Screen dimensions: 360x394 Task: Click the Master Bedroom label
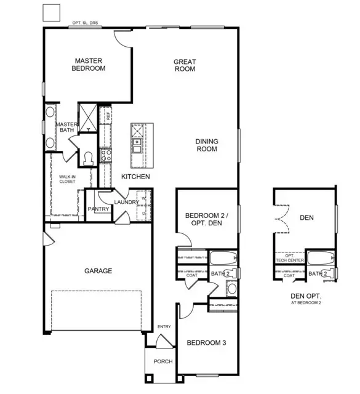point(89,65)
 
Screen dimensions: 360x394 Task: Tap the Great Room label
point(185,65)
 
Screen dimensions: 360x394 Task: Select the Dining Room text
point(207,145)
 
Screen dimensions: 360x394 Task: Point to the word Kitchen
point(135,177)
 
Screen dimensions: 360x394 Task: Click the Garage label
point(98,271)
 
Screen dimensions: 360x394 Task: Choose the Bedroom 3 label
point(207,343)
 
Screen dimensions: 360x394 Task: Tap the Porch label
point(163,361)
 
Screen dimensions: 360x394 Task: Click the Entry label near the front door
point(164,327)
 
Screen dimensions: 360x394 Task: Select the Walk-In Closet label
point(67,179)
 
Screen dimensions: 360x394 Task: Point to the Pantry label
point(98,209)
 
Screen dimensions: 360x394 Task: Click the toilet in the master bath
point(88,159)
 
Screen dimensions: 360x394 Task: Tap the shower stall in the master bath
point(88,118)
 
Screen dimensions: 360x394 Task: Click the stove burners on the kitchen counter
point(106,155)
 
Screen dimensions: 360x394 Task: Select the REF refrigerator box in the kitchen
point(106,115)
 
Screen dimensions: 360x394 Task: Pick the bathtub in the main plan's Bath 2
point(223,258)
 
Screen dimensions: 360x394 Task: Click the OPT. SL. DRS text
point(85,23)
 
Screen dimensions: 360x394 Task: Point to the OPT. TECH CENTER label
point(290,258)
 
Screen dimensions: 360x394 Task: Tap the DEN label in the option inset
point(306,217)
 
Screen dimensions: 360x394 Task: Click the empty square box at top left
point(52,12)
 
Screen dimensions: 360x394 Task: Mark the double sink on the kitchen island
point(137,146)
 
